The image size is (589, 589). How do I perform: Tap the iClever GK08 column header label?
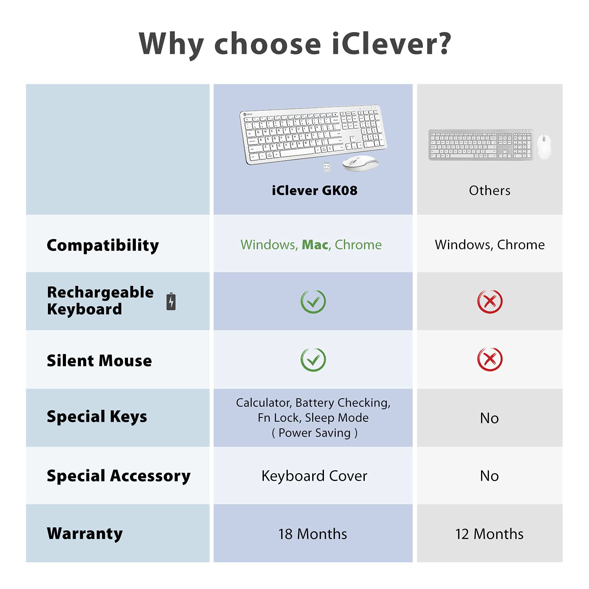(x=315, y=190)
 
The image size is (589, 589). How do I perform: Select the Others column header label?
(x=489, y=190)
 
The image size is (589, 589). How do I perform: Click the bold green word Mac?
(x=315, y=245)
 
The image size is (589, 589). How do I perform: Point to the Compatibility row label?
(x=103, y=245)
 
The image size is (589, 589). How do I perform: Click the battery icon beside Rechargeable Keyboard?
(x=171, y=302)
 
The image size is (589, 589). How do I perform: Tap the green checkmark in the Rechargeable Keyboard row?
(x=313, y=302)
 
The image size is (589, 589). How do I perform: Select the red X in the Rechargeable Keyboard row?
(x=489, y=302)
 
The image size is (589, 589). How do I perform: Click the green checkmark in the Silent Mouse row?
(x=313, y=359)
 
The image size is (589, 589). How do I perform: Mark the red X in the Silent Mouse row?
(x=489, y=359)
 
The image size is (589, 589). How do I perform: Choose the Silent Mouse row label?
(x=99, y=360)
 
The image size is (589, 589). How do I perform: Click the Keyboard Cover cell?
(x=314, y=476)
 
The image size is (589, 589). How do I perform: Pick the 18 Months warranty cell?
(x=313, y=534)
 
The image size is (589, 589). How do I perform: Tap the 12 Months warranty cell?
(x=489, y=534)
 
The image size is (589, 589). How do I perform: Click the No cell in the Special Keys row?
(x=489, y=418)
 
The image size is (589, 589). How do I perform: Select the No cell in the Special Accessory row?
(x=489, y=476)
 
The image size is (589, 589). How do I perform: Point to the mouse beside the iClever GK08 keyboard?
(x=360, y=163)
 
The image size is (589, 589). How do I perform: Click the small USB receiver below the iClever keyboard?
(x=326, y=167)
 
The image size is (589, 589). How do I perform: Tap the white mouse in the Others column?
(x=543, y=146)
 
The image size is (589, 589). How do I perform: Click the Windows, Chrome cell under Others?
(x=489, y=245)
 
